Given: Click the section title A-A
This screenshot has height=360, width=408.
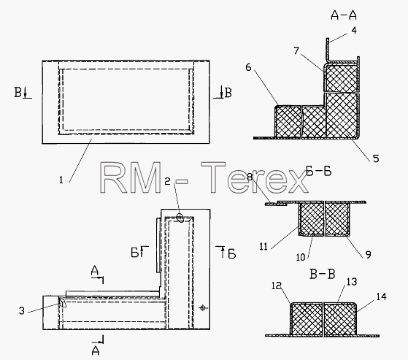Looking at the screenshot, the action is point(344,15).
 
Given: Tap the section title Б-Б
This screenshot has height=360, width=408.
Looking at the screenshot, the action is point(318,172).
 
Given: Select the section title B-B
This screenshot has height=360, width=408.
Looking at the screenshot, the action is point(322,274).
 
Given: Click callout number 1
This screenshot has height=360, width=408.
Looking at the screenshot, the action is point(61,180).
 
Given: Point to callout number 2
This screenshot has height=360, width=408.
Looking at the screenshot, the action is point(168,181).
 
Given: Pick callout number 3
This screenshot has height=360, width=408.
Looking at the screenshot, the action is point(22,310).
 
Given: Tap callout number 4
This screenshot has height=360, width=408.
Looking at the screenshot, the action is point(354,31).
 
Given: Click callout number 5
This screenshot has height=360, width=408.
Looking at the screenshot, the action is point(376,158).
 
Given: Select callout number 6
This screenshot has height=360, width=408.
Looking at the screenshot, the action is point(248,67).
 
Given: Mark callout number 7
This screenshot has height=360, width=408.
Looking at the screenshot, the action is point(296,51).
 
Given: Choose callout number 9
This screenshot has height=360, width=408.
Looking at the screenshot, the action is point(368,254).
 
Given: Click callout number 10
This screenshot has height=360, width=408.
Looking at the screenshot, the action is point(301,257).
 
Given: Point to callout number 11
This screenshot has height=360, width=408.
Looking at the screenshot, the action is point(263,246).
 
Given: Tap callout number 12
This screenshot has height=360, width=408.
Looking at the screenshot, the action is point(277,286).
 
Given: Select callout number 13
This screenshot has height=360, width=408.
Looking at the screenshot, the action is point(352,282).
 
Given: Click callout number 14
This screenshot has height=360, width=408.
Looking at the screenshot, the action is point(381,296).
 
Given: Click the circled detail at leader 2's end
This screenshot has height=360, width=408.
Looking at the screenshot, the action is point(180,217).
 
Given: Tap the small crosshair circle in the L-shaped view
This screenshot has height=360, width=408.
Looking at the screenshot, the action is point(203,308).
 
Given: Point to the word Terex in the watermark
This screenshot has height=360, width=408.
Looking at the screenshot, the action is point(255,177).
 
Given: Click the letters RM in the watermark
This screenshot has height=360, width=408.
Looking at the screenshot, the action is point(130,177).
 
